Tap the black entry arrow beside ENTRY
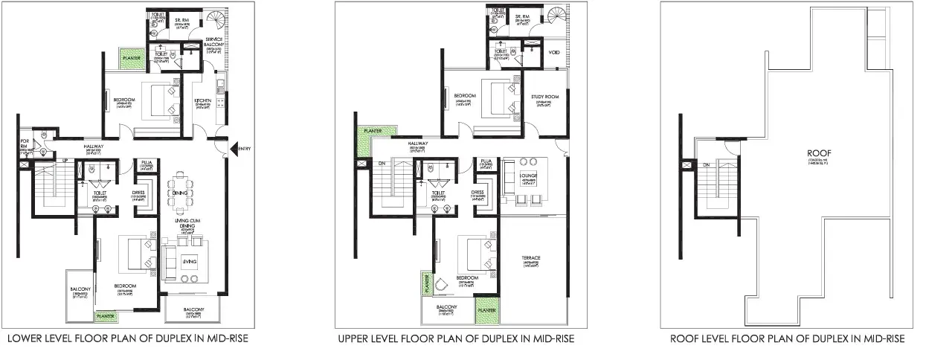pyautogui.click(x=234, y=149)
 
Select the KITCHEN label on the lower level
pyautogui.click(x=203, y=100)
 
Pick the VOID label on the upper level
pyautogui.click(x=554, y=52)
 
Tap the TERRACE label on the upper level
pyautogui.click(x=530, y=258)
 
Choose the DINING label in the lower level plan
pyautogui.click(x=179, y=193)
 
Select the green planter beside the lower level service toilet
pyautogui.click(x=135, y=57)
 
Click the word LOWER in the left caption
pyautogui.click(x=26, y=339)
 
